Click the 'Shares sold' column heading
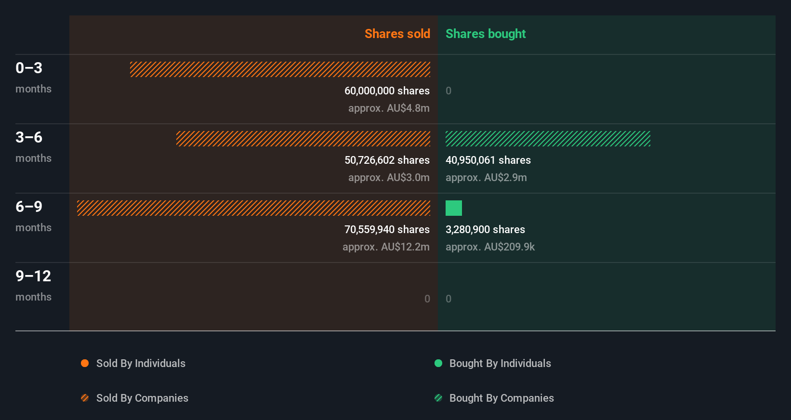[x=397, y=34]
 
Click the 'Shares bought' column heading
[x=485, y=34]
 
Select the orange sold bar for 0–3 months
[x=280, y=69]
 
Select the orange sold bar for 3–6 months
[x=303, y=139]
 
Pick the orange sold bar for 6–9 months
[x=253, y=208]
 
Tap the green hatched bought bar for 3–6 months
[x=548, y=139]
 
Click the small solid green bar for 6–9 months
[x=453, y=208]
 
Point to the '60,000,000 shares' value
[x=387, y=91]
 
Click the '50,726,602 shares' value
[x=387, y=160]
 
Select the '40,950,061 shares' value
[x=488, y=160]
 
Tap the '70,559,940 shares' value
[x=387, y=229]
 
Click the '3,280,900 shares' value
[x=485, y=229]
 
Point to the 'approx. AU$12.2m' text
[x=386, y=247]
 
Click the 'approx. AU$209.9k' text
[x=490, y=247]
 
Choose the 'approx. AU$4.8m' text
[x=389, y=108]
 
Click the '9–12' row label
[x=33, y=276]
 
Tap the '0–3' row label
[x=29, y=68]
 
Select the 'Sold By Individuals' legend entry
[x=140, y=363]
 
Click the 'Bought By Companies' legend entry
[x=501, y=398]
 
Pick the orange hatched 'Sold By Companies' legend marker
[x=85, y=398]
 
